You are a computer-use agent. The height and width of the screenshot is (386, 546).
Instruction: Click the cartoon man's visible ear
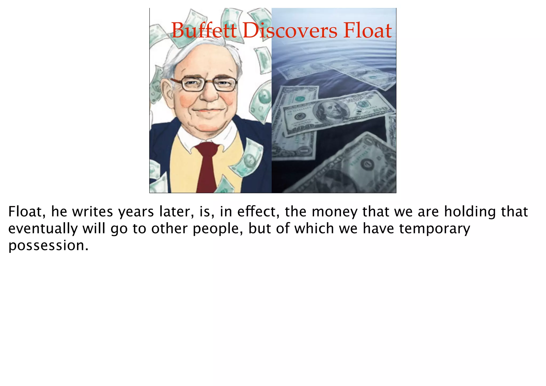click(167, 92)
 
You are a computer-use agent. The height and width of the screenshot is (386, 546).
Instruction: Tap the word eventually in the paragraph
click(43, 229)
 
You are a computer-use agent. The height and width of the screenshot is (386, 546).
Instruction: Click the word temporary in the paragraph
click(435, 229)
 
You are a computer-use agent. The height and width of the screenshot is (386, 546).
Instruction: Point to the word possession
click(48, 246)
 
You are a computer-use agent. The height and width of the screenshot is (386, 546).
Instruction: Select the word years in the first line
click(136, 212)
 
